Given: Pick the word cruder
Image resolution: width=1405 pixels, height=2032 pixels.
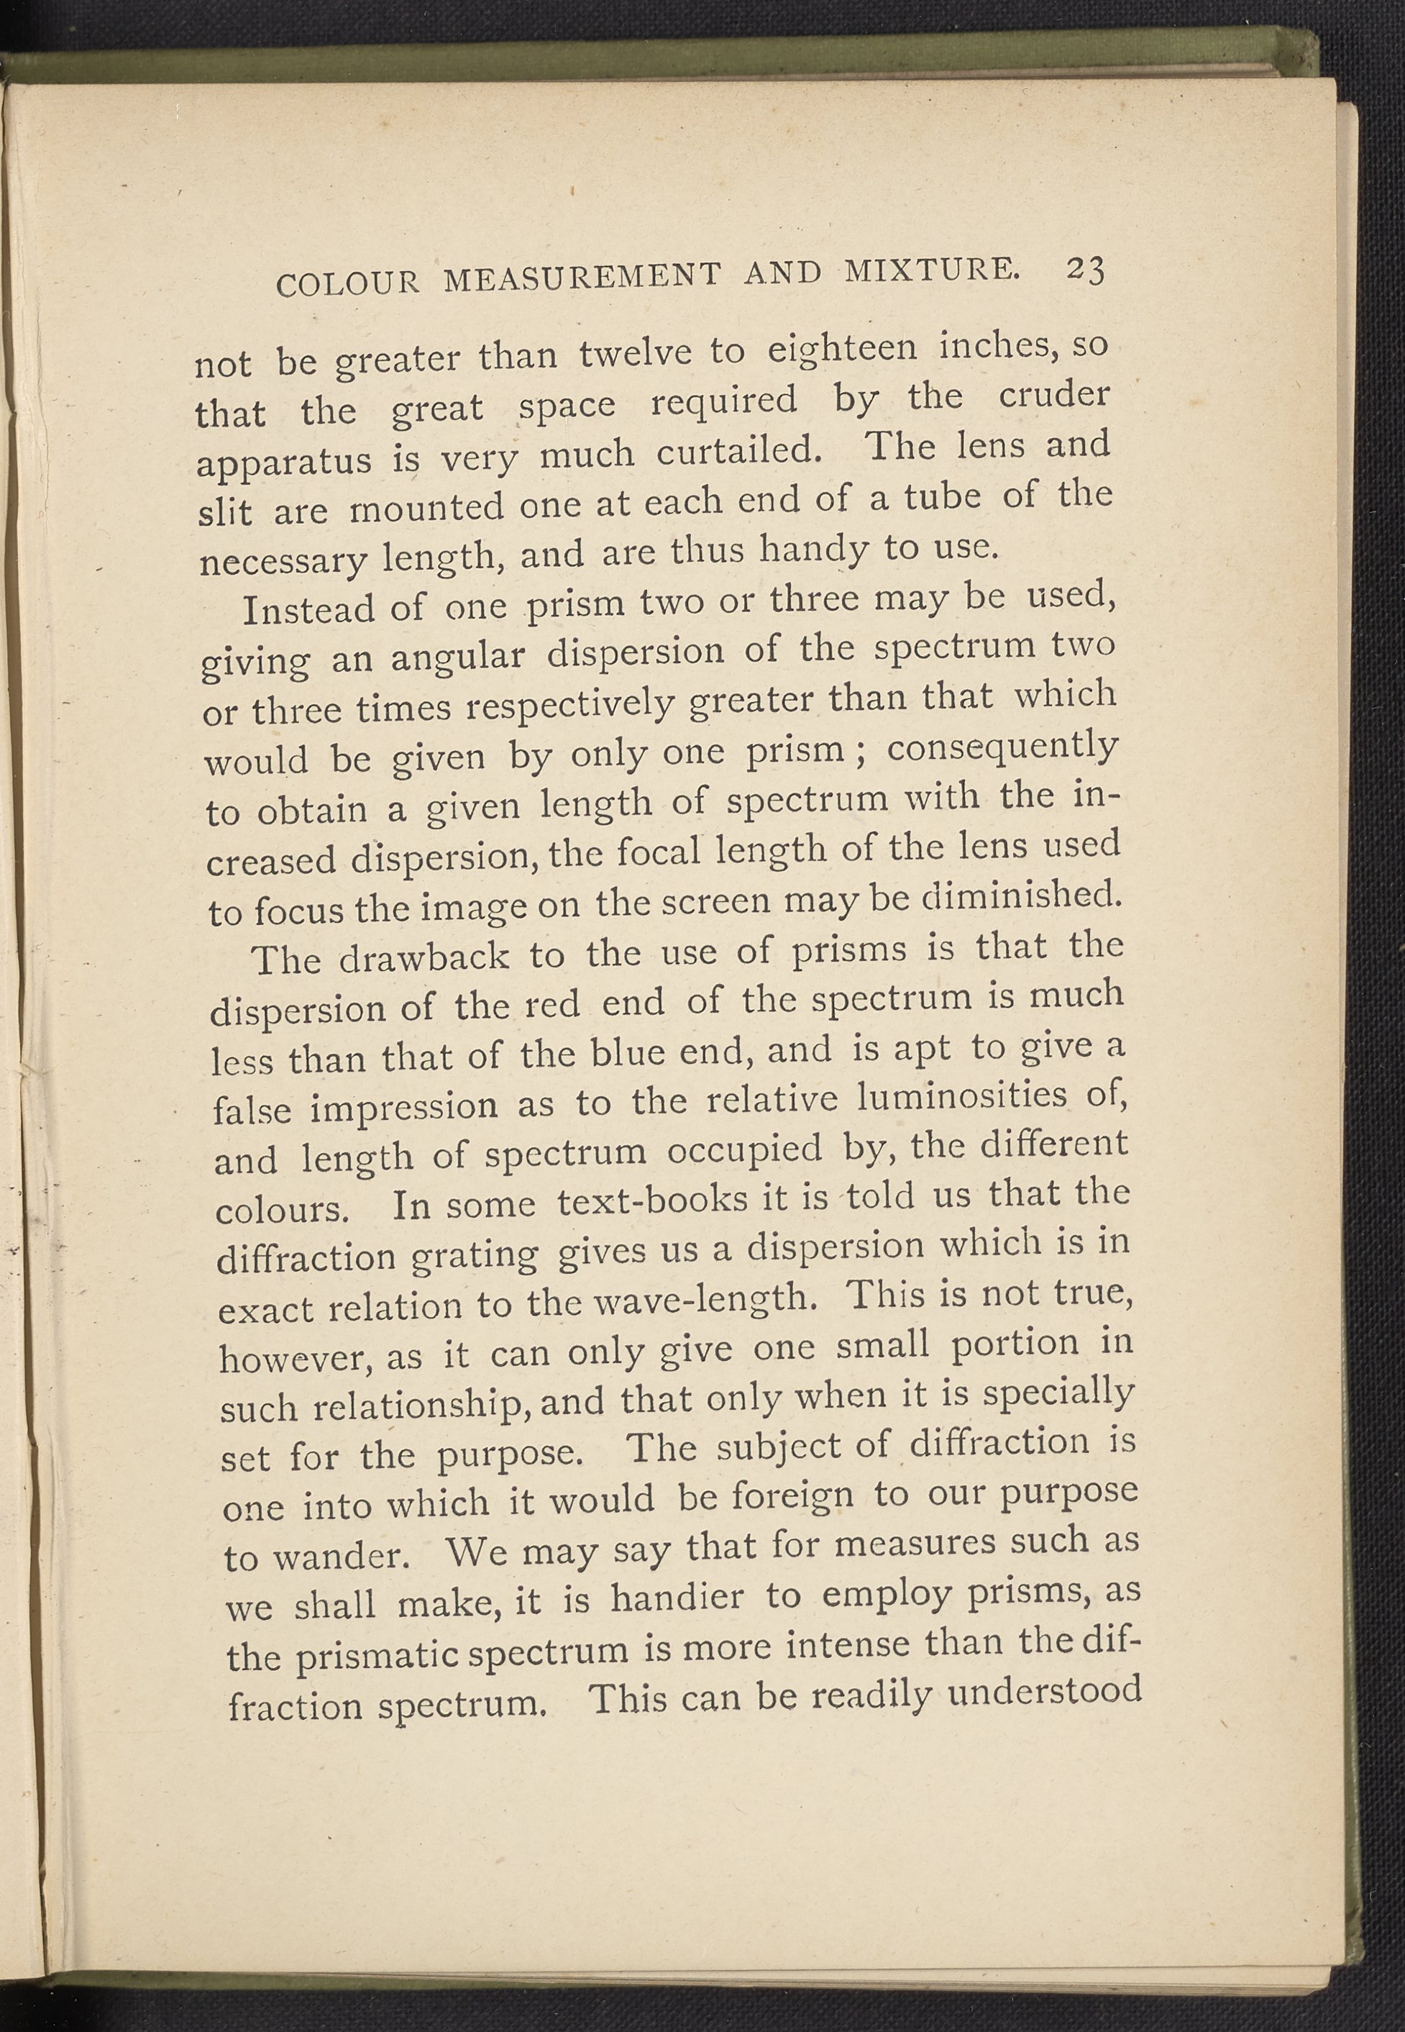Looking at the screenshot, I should click(1054, 396).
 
